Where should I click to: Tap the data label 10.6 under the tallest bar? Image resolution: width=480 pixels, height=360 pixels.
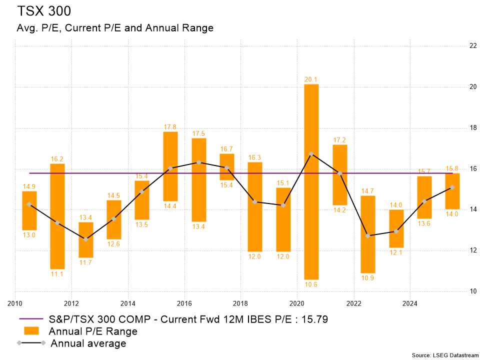click(311, 284)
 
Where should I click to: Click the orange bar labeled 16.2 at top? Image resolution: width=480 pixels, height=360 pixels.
click(57, 216)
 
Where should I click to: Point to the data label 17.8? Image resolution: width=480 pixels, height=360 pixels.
click(170, 126)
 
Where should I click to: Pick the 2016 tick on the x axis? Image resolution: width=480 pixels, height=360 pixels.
click(184, 302)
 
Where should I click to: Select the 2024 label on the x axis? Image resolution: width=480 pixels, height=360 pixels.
click(410, 302)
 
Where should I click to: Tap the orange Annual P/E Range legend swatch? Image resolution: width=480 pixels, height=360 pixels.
click(31, 331)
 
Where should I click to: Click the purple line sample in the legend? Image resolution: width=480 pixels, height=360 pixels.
click(31, 319)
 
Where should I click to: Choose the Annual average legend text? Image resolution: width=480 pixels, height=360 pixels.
click(88, 343)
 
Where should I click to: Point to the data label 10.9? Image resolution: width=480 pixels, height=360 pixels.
click(367, 278)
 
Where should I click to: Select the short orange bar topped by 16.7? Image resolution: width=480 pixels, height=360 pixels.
click(227, 166)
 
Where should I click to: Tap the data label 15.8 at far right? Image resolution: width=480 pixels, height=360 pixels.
click(452, 168)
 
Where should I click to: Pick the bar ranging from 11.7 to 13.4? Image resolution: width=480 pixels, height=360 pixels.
click(85, 239)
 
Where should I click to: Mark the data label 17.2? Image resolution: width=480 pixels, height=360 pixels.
click(339, 139)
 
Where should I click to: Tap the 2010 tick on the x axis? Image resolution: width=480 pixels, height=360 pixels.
click(15, 302)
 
